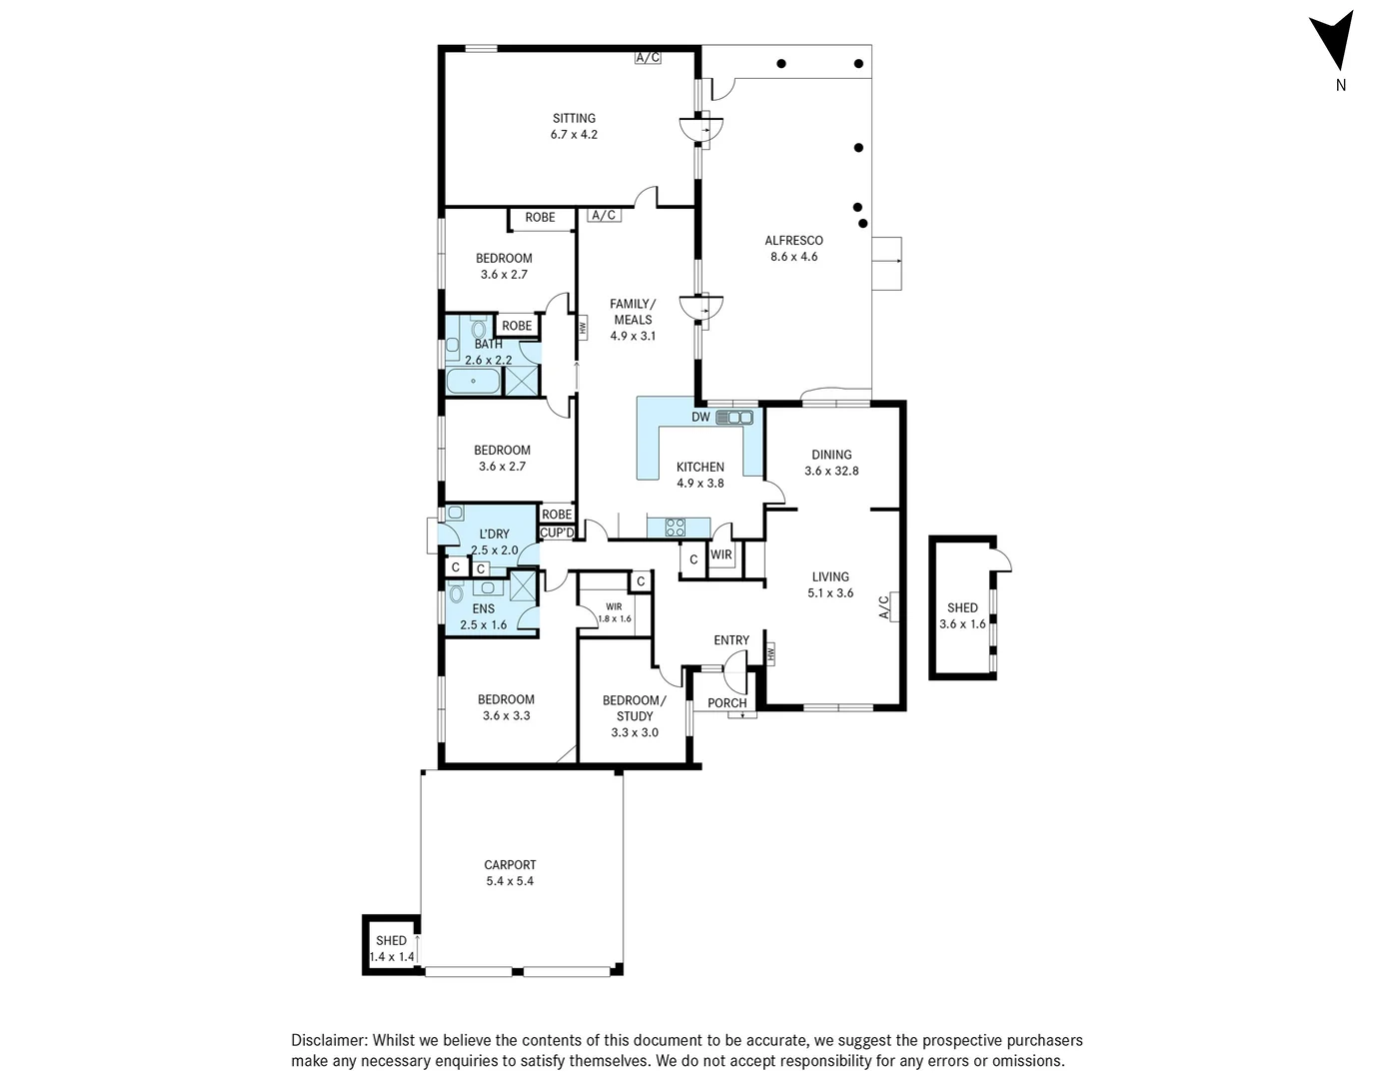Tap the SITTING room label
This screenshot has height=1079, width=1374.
pyautogui.click(x=574, y=118)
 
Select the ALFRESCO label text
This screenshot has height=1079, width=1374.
pyautogui.click(x=793, y=240)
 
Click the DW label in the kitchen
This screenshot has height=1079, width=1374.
pyautogui.click(x=700, y=418)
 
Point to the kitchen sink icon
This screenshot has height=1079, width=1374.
pyautogui.click(x=734, y=418)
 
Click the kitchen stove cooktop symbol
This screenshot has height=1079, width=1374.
pyautogui.click(x=675, y=528)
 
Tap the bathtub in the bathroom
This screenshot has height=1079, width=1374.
pyautogui.click(x=473, y=381)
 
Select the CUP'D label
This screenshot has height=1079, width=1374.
pyautogui.click(x=557, y=533)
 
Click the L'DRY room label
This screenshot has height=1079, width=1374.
pyautogui.click(x=494, y=534)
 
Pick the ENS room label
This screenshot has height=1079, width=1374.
pyautogui.click(x=484, y=608)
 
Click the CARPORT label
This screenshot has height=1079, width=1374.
pyautogui.click(x=510, y=865)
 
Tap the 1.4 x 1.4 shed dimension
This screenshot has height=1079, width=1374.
pyautogui.click(x=392, y=956)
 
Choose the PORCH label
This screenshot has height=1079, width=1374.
pyautogui.click(x=727, y=703)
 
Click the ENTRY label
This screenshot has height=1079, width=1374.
pyautogui.click(x=730, y=640)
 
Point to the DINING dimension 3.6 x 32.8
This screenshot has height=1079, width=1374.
pyautogui.click(x=831, y=471)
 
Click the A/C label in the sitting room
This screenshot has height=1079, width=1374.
pyautogui.click(x=648, y=58)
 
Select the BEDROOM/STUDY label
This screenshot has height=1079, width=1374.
pyautogui.click(x=635, y=708)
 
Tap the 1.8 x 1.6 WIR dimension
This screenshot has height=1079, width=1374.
pyautogui.click(x=615, y=618)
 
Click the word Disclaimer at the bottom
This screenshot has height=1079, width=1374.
pyautogui.click(x=328, y=1040)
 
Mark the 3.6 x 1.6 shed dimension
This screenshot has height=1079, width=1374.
pyautogui.click(x=962, y=623)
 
